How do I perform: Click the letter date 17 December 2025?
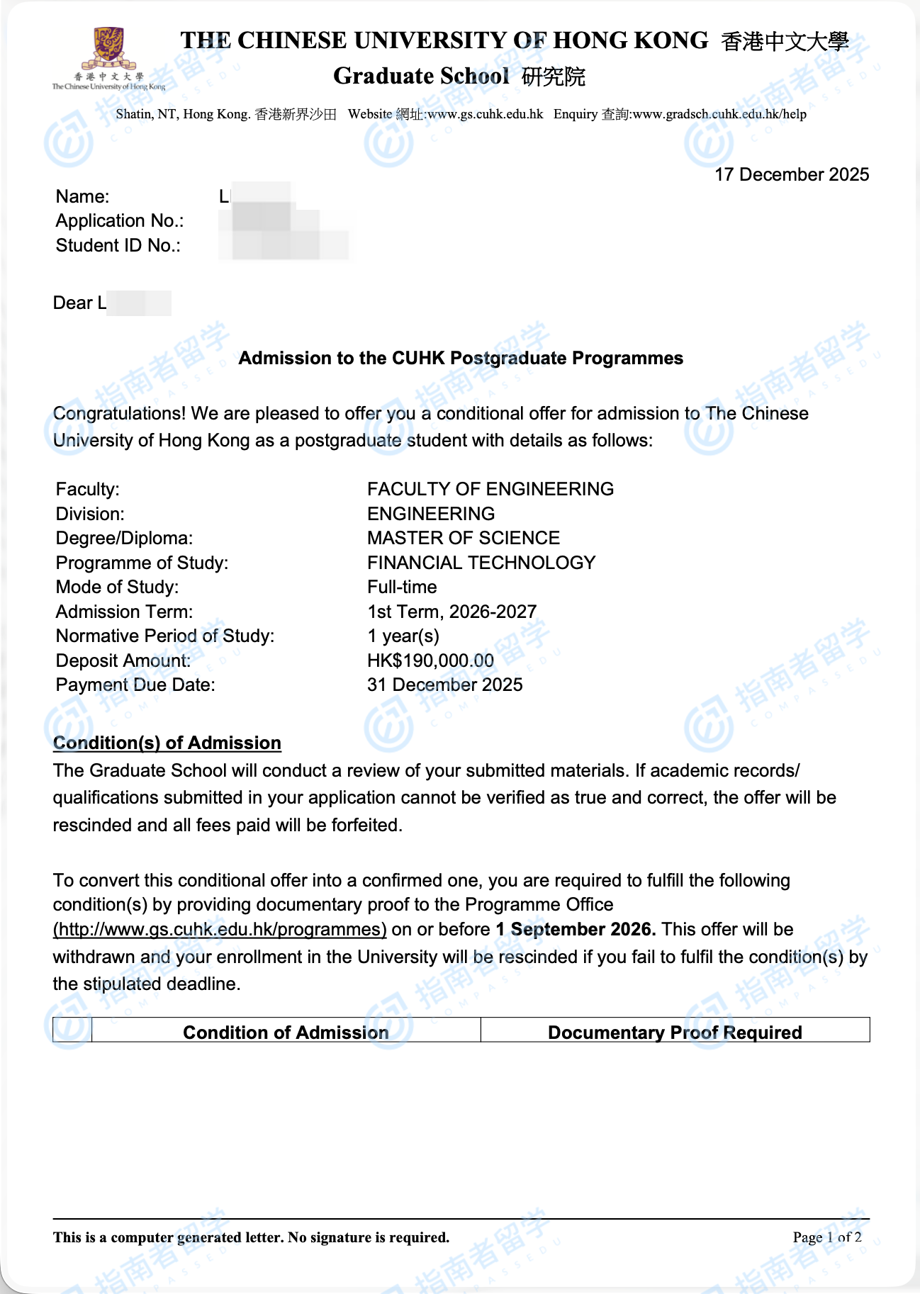[791, 174]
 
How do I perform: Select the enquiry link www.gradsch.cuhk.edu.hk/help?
[719, 114]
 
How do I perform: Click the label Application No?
[120, 221]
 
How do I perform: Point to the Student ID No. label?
[118, 246]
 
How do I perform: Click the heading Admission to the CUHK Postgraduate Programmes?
[461, 358]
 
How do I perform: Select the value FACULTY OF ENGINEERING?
[490, 489]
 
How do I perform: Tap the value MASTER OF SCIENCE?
[464, 538]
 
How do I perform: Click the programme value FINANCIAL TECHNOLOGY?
[481, 563]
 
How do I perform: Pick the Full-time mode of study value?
[402, 587]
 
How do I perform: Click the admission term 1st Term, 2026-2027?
[451, 612]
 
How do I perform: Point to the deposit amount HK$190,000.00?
[430, 660]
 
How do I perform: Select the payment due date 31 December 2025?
[444, 685]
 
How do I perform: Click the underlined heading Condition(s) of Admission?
[167, 743]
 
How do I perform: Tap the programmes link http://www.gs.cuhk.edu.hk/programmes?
[220, 929]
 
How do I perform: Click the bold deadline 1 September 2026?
[576, 929]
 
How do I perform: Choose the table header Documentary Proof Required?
[675, 1033]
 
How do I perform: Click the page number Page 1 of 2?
[827, 1237]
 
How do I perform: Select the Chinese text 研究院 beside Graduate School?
[554, 77]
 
